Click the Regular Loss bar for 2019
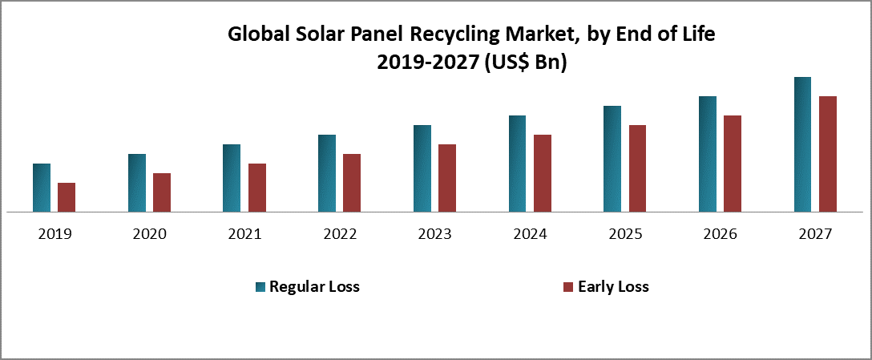(42, 188)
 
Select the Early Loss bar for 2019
(67, 197)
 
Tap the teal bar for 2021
(232, 178)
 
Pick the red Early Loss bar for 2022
(352, 183)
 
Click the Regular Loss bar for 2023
(422, 168)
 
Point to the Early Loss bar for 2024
(543, 173)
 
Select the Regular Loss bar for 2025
(612, 159)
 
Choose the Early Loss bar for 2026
(733, 164)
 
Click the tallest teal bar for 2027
(802, 144)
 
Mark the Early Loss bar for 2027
(828, 154)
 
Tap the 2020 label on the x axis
(149, 235)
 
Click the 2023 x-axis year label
(434, 235)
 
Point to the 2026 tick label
(720, 235)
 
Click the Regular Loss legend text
(314, 287)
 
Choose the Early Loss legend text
(613, 287)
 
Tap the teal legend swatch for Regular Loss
(260, 287)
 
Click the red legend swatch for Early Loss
(568, 287)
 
